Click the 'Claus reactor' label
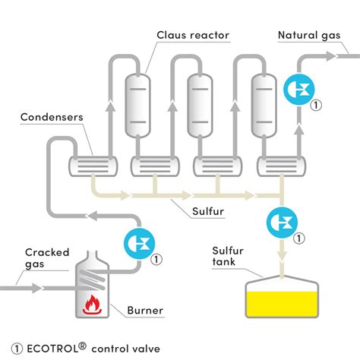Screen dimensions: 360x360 coord(193,35)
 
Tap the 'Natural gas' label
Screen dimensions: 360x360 coord(308,35)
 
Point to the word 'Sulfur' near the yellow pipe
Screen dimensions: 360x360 coord(207,211)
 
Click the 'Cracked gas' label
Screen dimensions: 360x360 coord(46,258)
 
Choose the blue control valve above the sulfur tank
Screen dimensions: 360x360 coord(282,223)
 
